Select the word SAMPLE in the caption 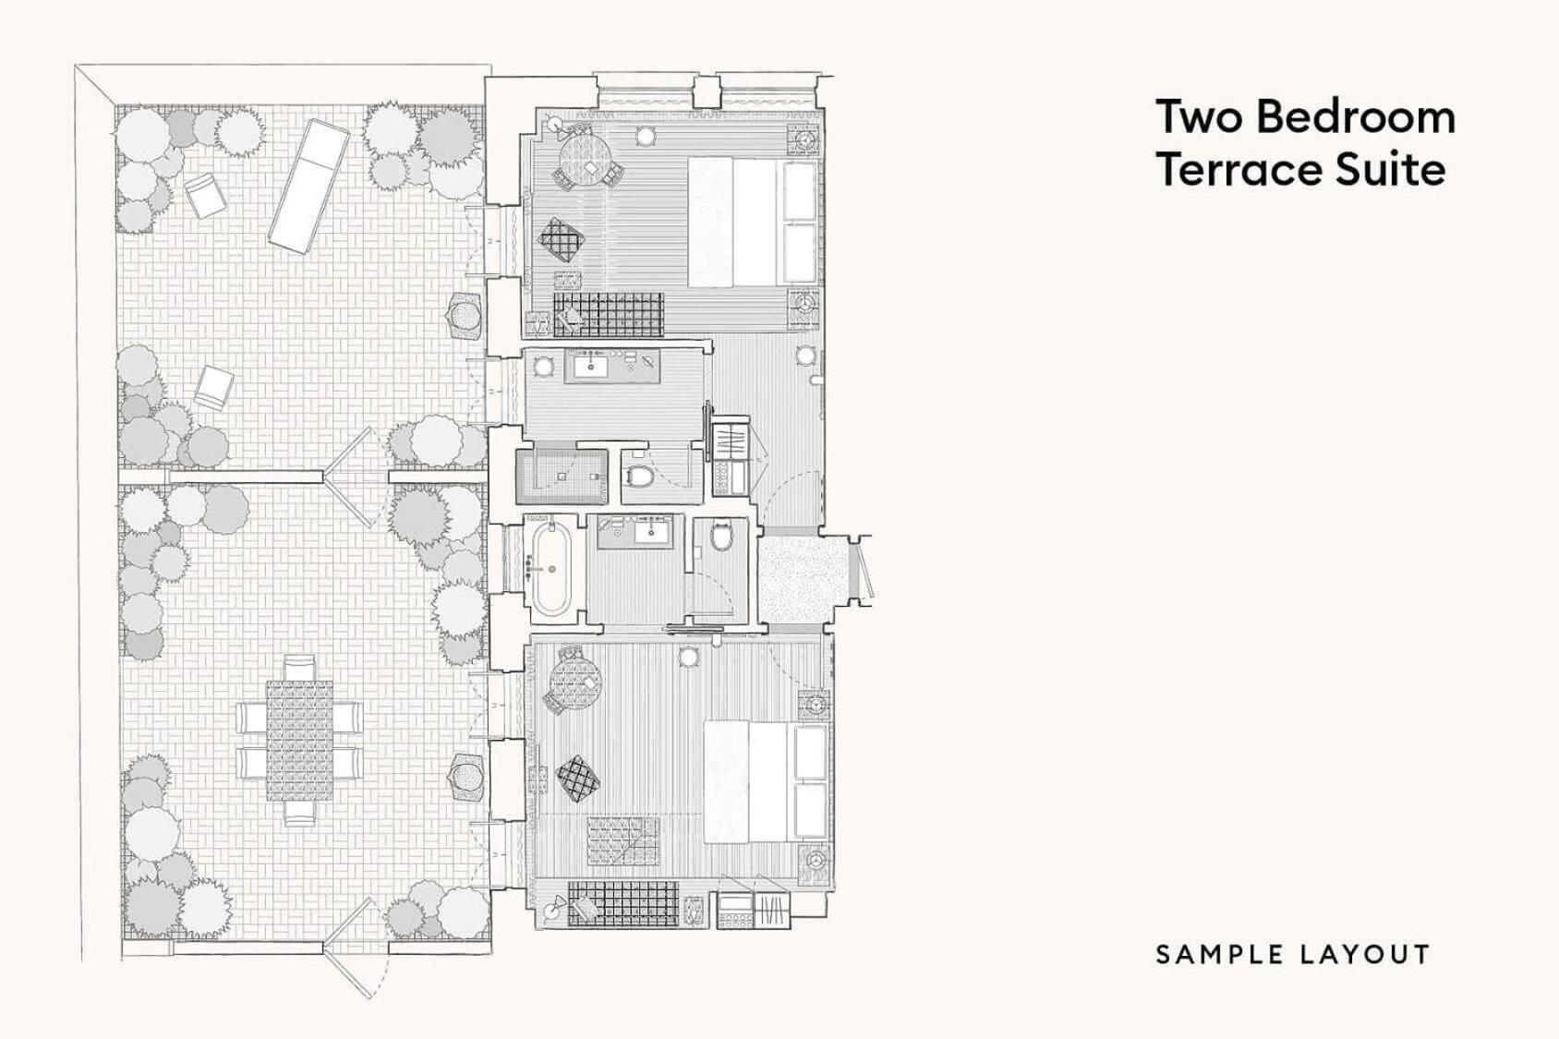point(1215,955)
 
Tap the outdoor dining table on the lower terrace point(299,741)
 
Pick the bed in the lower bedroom point(767,782)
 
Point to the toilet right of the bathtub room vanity point(721,535)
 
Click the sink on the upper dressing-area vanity point(587,367)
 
